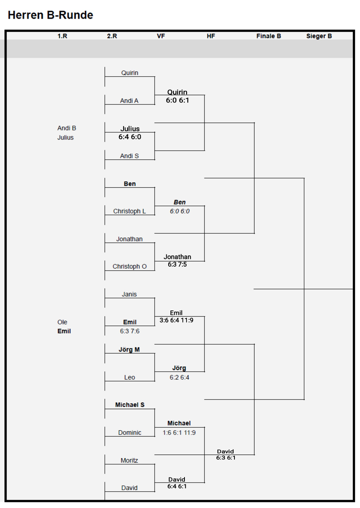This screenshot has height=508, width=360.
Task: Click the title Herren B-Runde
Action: pos(50,15)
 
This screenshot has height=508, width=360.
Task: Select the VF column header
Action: pos(161,36)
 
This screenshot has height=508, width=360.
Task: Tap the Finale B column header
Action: pos(269,36)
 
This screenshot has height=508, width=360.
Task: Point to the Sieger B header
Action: pos(319,36)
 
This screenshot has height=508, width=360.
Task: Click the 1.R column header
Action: pos(62,36)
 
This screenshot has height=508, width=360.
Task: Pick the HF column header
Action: pos(210,36)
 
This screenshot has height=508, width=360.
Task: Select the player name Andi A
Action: pos(129,100)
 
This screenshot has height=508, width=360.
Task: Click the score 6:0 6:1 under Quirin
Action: pos(177,100)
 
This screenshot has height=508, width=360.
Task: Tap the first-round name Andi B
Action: pos(67,128)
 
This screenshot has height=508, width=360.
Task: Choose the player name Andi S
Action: pos(129,156)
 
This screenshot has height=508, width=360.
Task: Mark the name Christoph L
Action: pos(130,211)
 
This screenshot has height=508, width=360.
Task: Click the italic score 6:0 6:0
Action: pos(180,211)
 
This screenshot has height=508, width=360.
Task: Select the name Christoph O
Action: pos(130,266)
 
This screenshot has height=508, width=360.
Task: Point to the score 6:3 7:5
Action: pos(177,264)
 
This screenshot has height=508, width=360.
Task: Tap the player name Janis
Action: pos(129,294)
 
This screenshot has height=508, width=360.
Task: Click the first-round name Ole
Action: pos(62,322)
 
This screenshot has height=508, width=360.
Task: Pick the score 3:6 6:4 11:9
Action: pos(176,320)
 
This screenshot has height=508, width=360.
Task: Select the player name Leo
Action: pos(130,378)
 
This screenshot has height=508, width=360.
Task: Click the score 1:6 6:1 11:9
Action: pos(179,433)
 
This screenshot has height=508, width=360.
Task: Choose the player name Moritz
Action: pos(129,460)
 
